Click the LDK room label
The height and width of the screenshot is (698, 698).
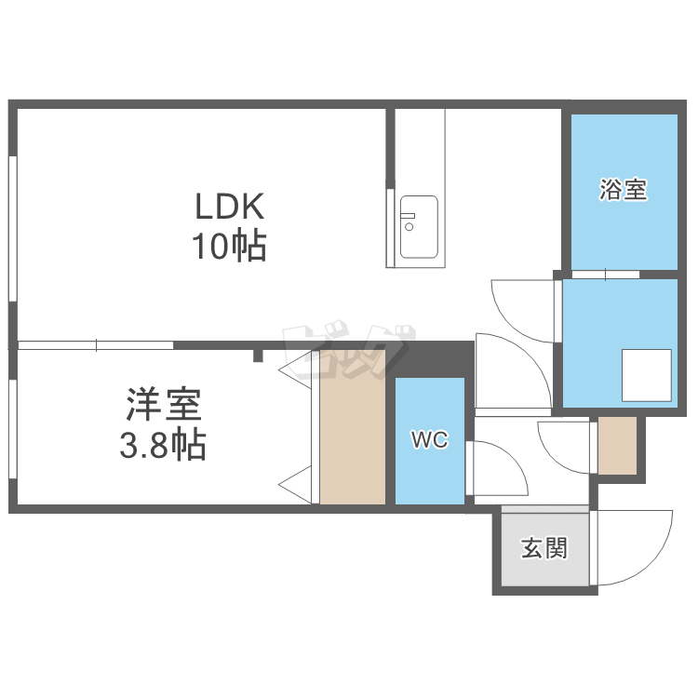[x=230, y=206]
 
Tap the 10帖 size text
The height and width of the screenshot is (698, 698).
[x=229, y=246]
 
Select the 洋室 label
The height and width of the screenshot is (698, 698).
[x=164, y=404]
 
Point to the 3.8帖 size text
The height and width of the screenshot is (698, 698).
[x=163, y=444]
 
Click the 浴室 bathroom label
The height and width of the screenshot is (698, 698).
[x=624, y=190]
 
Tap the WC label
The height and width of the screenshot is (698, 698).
[x=430, y=440]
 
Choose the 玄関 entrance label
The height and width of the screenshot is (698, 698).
[x=544, y=548]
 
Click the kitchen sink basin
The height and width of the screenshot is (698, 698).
[x=419, y=227]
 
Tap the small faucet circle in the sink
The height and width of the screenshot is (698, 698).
[x=409, y=227]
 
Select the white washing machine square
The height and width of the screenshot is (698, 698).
[x=647, y=375]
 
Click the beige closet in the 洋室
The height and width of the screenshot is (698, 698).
[x=353, y=427]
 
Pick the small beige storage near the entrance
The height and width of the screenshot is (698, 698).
[x=617, y=446]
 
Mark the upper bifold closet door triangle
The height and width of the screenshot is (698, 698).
[x=295, y=370]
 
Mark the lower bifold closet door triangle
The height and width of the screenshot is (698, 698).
[x=295, y=485]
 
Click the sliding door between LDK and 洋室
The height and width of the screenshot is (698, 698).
[x=96, y=345]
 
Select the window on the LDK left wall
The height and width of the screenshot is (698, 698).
[x=13, y=229]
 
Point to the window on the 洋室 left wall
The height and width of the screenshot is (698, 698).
[x=13, y=429]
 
